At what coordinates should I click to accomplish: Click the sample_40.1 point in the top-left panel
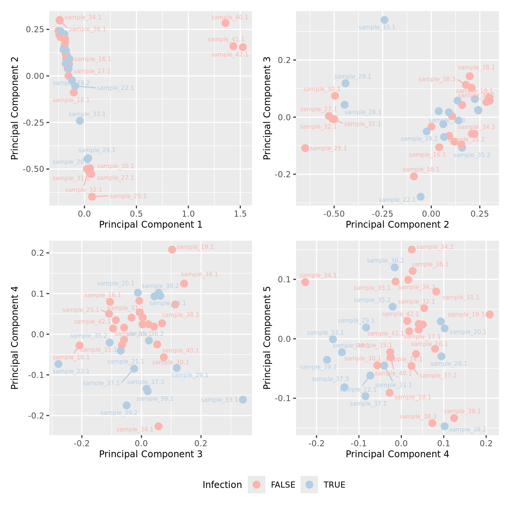[225, 23]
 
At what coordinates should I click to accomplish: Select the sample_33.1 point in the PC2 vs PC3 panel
[384, 20]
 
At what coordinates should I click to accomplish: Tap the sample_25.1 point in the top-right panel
[305, 148]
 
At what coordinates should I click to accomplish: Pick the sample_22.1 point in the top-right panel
[420, 197]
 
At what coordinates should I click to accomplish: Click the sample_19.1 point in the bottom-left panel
[172, 249]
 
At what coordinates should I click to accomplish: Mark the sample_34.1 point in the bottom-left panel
[159, 426]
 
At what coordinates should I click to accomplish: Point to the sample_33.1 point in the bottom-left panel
[243, 400]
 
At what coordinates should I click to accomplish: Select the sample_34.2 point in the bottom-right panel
[412, 249]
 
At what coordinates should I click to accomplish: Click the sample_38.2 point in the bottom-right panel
[445, 426]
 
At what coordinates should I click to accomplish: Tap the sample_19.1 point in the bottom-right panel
[490, 315]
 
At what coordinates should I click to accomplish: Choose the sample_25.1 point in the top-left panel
[92, 197]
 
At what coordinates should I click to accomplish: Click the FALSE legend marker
[257, 485]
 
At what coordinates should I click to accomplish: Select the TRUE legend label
[334, 485]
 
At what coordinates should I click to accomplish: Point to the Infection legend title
[222, 485]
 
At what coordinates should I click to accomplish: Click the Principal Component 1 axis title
[151, 225]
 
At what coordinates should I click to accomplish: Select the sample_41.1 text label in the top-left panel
[226, 39]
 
